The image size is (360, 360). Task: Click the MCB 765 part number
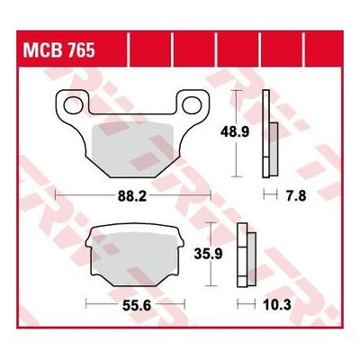[x=59, y=49]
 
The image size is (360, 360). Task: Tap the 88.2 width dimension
[x=132, y=197]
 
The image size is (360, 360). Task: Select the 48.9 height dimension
[x=235, y=132]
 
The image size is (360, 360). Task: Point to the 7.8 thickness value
[x=296, y=196]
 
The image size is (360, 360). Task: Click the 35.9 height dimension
[x=208, y=255]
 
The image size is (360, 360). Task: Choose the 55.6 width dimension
[x=137, y=306]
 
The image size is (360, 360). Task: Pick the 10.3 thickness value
[x=277, y=306]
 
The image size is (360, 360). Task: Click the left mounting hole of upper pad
[x=73, y=105]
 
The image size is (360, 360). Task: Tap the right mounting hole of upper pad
[x=192, y=105]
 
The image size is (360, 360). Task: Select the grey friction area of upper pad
[x=132, y=149]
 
